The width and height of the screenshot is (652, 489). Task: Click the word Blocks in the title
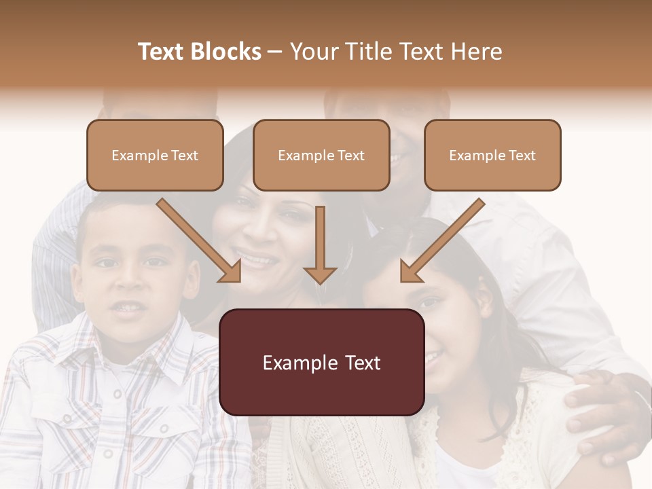pos(225,52)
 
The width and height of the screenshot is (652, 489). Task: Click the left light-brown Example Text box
pos(155,155)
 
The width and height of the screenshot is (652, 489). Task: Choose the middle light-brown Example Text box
pos(321,155)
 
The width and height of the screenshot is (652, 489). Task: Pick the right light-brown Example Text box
pos(492,155)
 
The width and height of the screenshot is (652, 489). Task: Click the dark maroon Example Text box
pos(321,362)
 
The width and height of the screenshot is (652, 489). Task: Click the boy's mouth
pos(127,308)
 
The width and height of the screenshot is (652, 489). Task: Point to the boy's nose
pos(126,282)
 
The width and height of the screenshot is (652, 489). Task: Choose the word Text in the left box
pos(184,155)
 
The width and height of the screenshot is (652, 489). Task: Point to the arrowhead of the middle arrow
pos(320,274)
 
